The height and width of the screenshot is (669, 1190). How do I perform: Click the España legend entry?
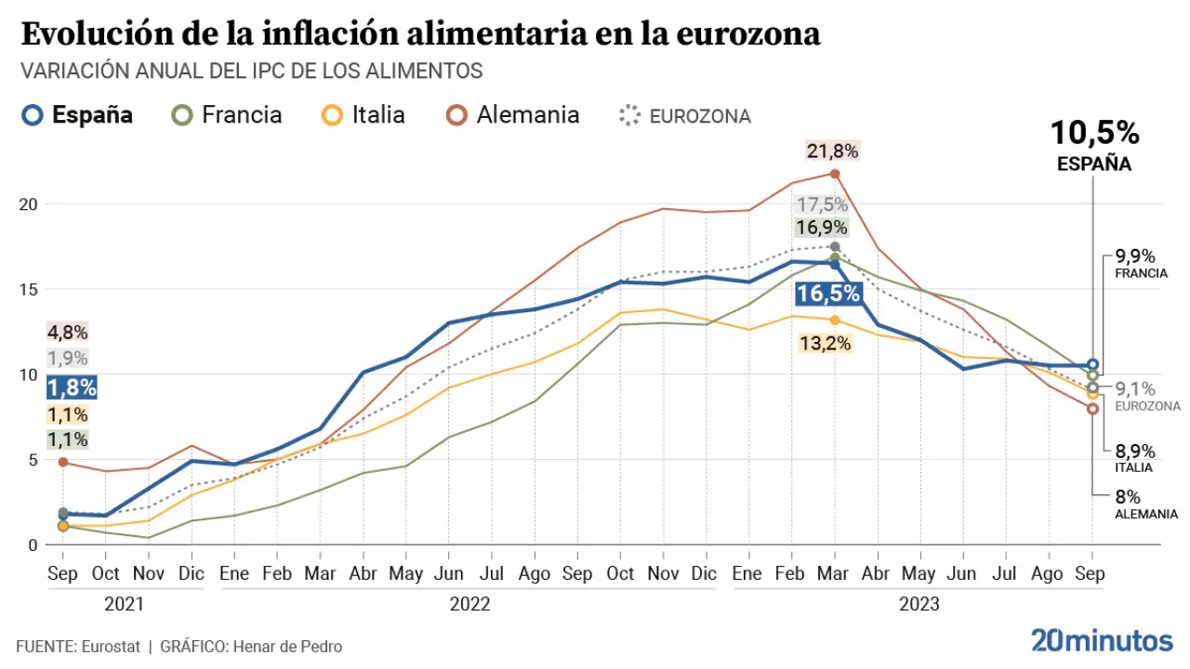[79, 115]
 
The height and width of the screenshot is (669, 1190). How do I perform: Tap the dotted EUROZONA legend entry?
[685, 116]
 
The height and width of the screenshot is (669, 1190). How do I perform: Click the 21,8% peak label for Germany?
[833, 151]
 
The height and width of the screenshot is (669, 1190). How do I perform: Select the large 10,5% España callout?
[1094, 134]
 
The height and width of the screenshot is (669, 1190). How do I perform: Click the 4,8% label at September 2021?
[67, 332]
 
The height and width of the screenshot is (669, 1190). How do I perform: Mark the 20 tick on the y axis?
[30, 204]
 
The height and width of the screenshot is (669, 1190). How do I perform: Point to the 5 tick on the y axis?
[33, 460]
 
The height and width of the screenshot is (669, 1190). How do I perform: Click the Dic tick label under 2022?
[705, 573]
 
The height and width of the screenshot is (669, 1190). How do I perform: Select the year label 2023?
[919, 605]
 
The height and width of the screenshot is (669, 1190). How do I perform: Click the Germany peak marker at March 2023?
[835, 174]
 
